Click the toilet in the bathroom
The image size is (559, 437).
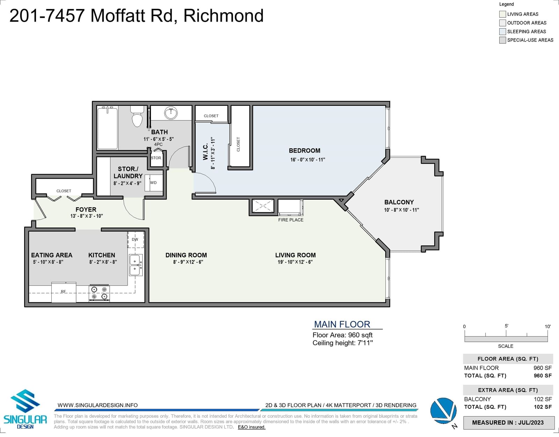tap(137, 116)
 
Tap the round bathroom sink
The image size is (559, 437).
tap(171, 113)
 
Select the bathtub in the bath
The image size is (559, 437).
tap(108, 128)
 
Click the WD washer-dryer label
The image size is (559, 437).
tap(153, 183)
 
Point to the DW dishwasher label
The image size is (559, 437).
tap(135, 239)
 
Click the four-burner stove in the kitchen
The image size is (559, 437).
tap(99, 293)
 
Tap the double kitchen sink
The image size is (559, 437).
tap(136, 265)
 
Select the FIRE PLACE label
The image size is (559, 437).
tap(291, 220)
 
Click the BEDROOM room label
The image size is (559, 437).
tap(305, 150)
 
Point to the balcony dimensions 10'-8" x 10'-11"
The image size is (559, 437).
tap(401, 210)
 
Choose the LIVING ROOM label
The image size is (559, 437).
tap(295, 255)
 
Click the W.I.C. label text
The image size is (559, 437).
tap(205, 152)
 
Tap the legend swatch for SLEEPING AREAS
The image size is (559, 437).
tap(502, 31)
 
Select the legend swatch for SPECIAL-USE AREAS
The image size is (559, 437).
tap(502, 40)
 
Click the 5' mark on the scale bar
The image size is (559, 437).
tap(506, 333)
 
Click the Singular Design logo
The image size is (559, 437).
tap(25, 409)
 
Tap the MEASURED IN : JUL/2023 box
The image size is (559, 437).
tap(509, 423)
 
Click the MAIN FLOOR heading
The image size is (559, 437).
tap(342, 324)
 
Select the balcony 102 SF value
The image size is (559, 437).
tap(543, 399)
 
